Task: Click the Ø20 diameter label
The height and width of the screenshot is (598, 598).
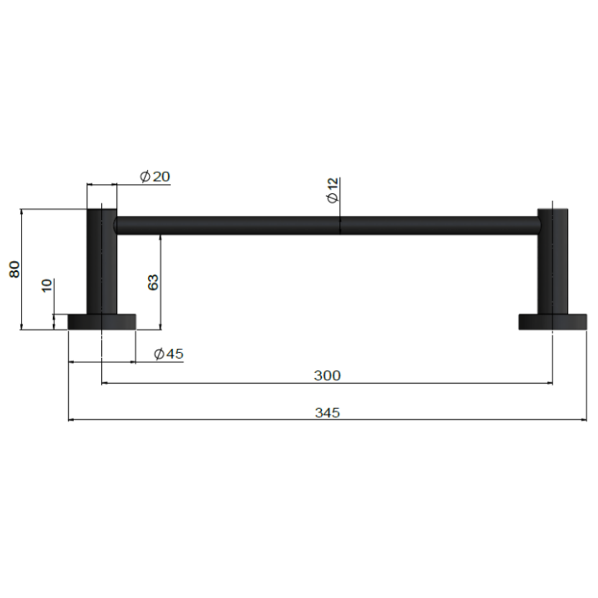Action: (155, 177)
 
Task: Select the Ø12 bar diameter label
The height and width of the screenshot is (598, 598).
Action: (333, 190)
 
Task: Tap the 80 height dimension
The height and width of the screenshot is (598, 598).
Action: (15, 269)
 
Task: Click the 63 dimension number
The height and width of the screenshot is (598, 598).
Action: (153, 282)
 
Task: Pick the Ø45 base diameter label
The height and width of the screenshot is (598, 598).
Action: (168, 354)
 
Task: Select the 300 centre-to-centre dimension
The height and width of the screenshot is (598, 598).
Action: (327, 375)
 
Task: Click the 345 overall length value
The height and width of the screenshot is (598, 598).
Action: (327, 413)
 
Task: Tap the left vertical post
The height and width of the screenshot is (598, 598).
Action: (102, 260)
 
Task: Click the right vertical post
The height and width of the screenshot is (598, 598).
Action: (553, 260)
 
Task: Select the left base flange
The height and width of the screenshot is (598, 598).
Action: (102, 322)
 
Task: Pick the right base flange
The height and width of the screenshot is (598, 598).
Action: (553, 322)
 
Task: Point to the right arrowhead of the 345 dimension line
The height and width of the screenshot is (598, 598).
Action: (584, 420)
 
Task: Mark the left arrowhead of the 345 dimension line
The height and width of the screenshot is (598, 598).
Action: (71, 420)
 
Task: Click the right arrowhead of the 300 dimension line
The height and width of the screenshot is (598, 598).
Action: (550, 383)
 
